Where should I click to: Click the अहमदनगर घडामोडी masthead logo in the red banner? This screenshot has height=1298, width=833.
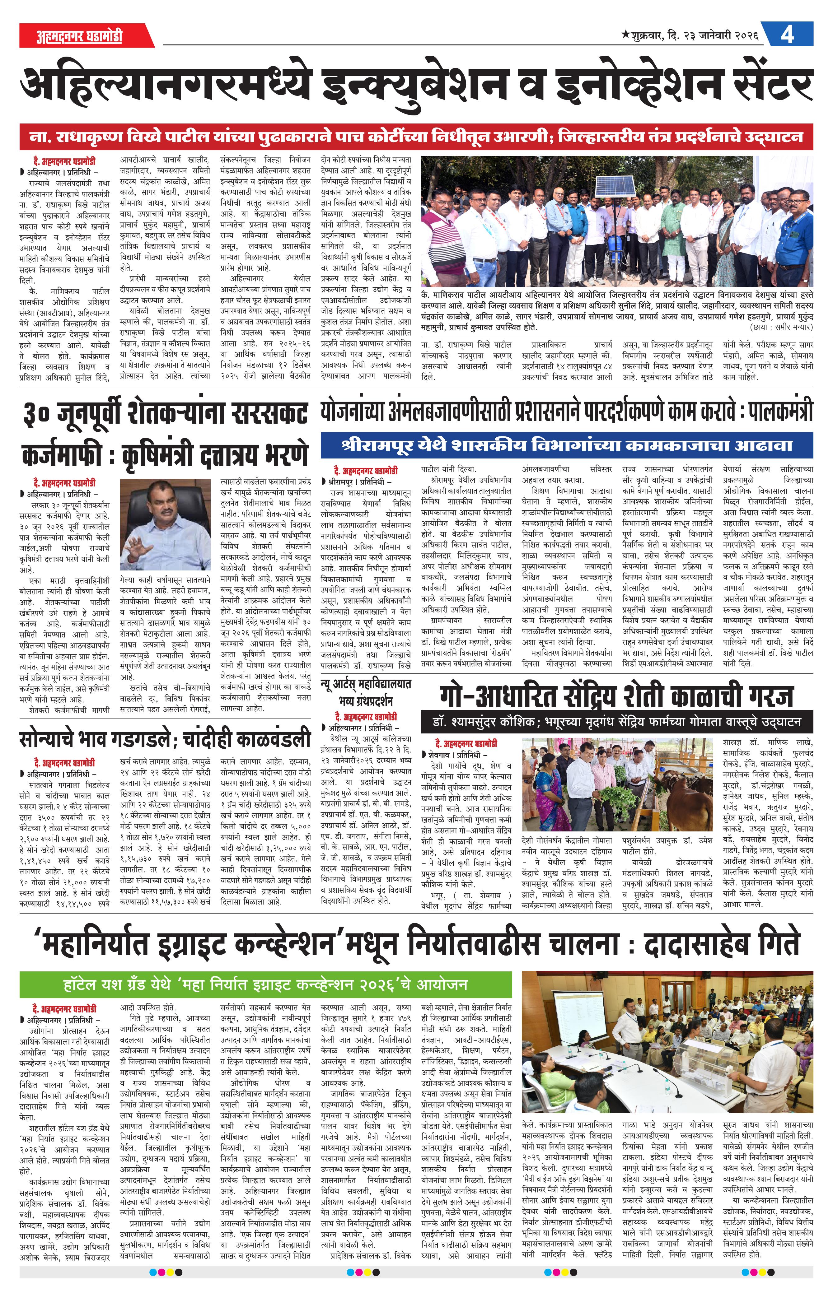tap(79, 36)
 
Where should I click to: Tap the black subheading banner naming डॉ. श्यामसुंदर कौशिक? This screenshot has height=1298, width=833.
tap(617, 722)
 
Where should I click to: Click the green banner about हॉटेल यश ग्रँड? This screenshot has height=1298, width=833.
tap(265, 984)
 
